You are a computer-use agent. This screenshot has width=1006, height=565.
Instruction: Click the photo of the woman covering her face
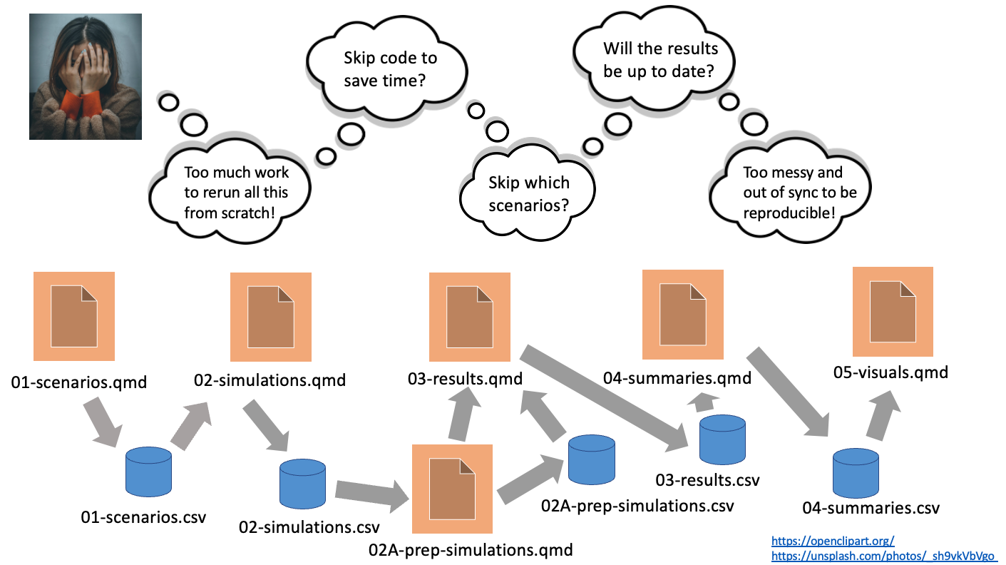pyautogui.click(x=86, y=76)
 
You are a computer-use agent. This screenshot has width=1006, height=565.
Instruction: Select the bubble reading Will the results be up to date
pyautogui.click(x=659, y=60)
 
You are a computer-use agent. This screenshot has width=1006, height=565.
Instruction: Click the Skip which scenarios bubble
pyautogui.click(x=528, y=194)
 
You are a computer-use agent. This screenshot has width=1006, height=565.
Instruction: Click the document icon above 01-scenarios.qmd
pyautogui.click(x=74, y=316)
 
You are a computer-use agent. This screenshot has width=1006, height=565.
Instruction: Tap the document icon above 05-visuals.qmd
pyautogui.click(x=893, y=311)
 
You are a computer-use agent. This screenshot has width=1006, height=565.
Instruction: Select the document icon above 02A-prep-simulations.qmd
pyautogui.click(x=452, y=489)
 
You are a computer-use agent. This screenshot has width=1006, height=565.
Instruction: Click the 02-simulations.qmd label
pyautogui.click(x=270, y=380)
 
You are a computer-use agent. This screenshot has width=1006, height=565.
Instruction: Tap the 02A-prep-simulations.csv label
pyautogui.click(x=637, y=506)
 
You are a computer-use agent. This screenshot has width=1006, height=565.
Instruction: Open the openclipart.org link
pyautogui.click(x=832, y=541)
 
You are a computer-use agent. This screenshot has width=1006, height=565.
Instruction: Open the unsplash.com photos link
pyautogui.click(x=883, y=555)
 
